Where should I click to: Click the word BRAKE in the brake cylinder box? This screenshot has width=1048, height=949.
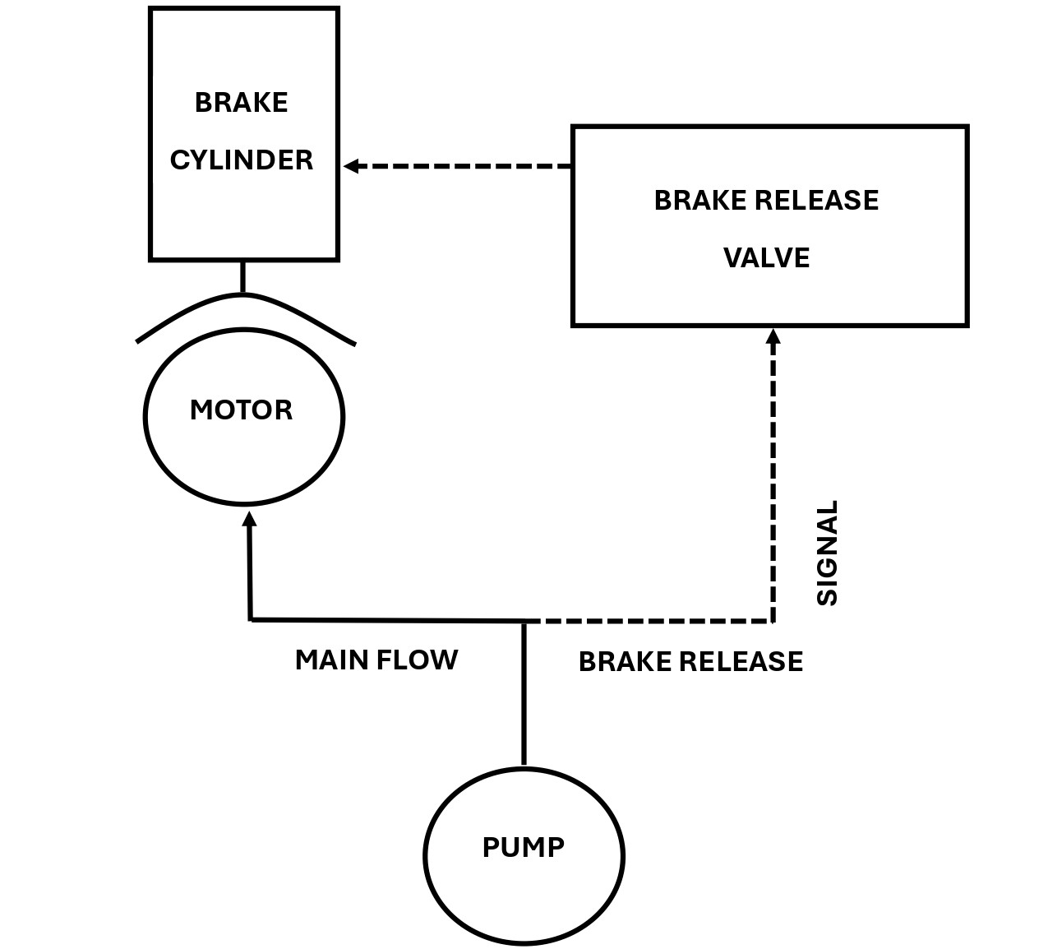click(241, 103)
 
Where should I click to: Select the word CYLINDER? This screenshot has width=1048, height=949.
click(241, 160)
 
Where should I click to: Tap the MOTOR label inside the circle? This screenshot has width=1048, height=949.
click(241, 410)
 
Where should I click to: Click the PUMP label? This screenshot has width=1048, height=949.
click(523, 847)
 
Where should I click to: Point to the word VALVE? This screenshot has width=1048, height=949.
click(766, 258)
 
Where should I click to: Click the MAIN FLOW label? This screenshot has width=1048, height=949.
click(376, 660)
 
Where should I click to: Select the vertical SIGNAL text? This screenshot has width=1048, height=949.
click(827, 553)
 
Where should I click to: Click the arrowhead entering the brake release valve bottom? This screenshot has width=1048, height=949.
click(773, 336)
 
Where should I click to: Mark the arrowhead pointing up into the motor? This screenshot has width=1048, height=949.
click(249, 517)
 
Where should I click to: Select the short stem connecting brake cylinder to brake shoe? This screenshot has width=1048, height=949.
click(242, 276)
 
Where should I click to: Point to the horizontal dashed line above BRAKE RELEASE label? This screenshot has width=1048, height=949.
click(649, 621)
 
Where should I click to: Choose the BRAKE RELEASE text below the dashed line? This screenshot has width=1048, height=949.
click(690, 662)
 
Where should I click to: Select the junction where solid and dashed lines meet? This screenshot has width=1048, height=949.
click(524, 621)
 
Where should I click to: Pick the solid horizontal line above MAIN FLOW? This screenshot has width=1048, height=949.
click(386, 619)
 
